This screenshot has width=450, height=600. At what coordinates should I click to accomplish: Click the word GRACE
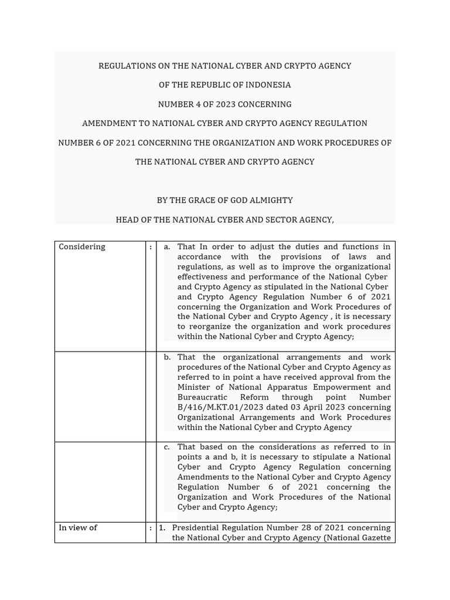pos(202,200)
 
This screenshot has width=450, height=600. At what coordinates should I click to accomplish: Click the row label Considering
pos(82,247)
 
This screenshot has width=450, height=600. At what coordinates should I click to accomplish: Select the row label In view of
pos(78,528)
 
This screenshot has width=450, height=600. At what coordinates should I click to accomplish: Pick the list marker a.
pos(167,247)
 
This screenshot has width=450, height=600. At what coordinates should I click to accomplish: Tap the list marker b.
pos(167,357)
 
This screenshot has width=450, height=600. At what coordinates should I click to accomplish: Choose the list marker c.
pos(167,447)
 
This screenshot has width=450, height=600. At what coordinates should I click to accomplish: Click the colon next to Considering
pos(151,247)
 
